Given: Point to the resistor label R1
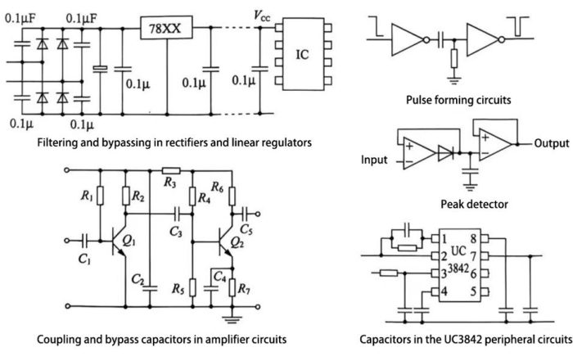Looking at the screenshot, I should pos(85,197).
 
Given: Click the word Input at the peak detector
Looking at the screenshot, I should pos(376,160).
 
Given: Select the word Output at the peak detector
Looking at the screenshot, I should pos(551,143).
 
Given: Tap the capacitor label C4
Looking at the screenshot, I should pos(220,277).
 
